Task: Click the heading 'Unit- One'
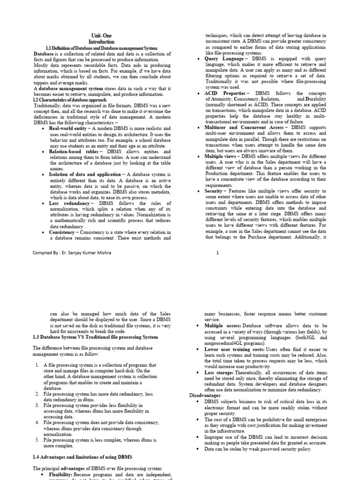tap(101, 36)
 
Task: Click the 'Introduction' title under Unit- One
tap(101, 42)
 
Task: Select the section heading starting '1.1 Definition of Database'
tap(101, 48)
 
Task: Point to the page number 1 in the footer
tap(217, 253)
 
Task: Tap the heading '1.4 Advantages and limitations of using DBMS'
tap(82, 457)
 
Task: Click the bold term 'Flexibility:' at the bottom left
tap(64, 474)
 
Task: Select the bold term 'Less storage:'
tap(219, 372)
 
